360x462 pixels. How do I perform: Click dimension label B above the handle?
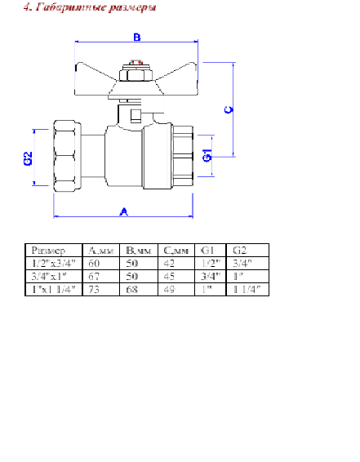click(137, 38)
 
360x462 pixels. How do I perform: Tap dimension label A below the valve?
click(124, 211)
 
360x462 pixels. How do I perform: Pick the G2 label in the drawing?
click(29, 158)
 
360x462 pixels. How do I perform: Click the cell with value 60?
click(94, 264)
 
